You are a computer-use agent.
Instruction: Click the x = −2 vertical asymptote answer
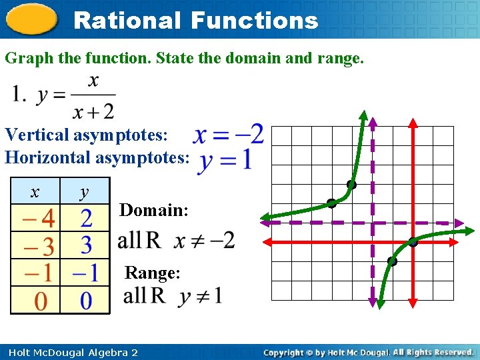point(228,135)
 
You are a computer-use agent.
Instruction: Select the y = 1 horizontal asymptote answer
point(225,160)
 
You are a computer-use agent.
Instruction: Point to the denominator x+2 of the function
point(94,110)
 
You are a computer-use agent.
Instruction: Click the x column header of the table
point(35,192)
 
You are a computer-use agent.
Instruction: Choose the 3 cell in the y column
point(86,245)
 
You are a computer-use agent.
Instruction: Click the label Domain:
point(154,210)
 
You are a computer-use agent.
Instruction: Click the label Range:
point(153,273)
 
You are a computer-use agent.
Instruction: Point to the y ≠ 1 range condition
point(201,295)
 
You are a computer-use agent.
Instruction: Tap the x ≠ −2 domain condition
point(205,240)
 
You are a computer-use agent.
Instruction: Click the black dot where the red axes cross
point(413,242)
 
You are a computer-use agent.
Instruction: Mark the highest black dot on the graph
point(351,184)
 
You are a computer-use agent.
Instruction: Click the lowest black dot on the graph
point(392,262)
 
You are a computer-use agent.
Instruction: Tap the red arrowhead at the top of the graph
point(413,123)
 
